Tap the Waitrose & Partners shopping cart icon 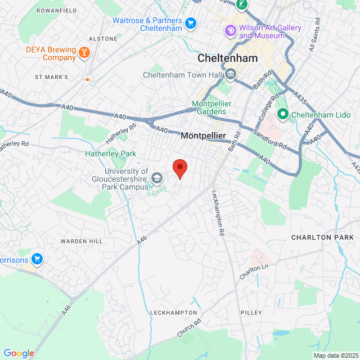(191, 23)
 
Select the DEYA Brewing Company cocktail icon (84, 53)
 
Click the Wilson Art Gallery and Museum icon (230, 31)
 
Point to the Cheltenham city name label (228, 58)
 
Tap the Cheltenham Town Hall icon (231, 74)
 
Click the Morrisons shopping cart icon (37, 259)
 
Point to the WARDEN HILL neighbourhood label (82, 241)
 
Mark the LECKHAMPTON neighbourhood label (174, 312)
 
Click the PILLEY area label (251, 312)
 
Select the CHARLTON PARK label (322, 237)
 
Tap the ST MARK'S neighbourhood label (51, 76)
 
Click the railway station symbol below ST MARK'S (88, 79)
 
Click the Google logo (19, 353)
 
